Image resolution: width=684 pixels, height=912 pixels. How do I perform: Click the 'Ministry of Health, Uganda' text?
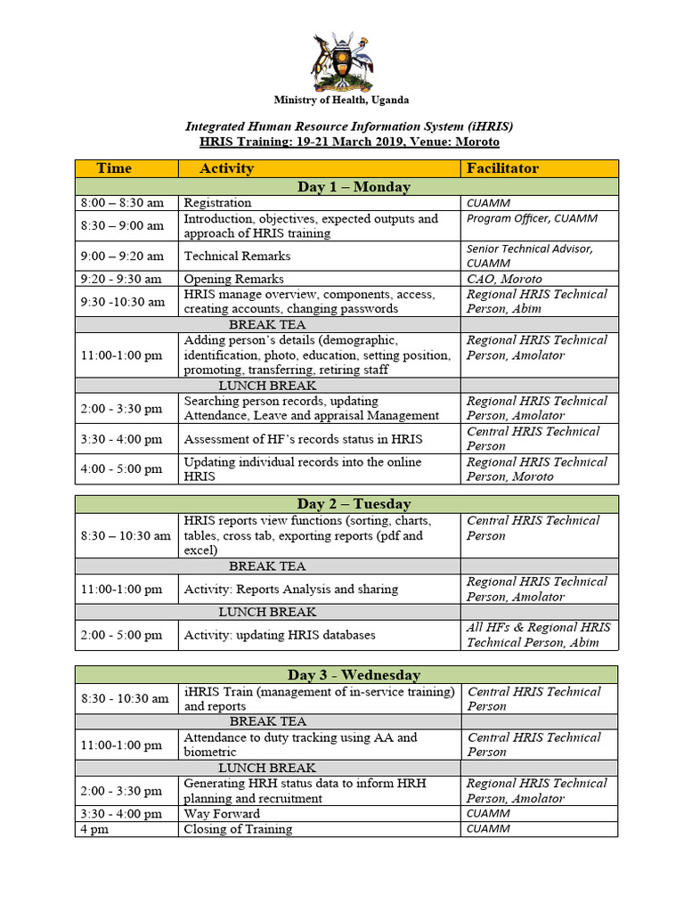point(341,101)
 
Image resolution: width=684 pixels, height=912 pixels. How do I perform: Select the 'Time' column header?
point(114,167)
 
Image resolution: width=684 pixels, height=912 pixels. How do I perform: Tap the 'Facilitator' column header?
point(501,167)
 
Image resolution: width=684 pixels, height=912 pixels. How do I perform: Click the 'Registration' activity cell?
point(217,203)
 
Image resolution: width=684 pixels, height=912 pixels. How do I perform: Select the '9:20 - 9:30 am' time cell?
point(122,279)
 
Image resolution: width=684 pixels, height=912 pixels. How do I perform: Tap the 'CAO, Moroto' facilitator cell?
point(504,279)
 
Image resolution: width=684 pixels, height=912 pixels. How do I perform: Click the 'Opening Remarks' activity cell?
point(233,279)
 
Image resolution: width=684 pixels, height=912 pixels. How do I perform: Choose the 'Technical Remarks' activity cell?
point(237,256)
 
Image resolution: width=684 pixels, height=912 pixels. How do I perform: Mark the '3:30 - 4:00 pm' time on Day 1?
point(121,438)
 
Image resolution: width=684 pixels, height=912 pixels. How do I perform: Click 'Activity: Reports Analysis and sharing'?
point(290,589)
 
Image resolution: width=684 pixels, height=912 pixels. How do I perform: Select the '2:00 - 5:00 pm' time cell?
point(121,635)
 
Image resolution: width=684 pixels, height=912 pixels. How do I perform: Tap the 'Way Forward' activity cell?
point(222,813)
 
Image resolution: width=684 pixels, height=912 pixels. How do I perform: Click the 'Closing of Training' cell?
point(237,829)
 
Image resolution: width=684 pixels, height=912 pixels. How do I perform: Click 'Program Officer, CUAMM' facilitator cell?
point(532,218)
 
